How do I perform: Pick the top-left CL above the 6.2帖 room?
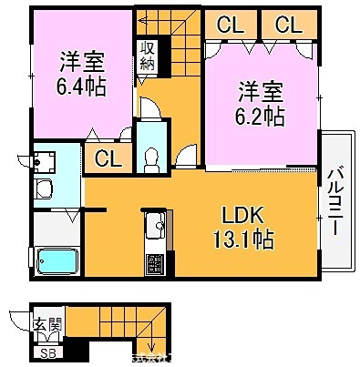230,25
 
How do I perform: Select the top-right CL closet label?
288,25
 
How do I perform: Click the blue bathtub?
57,262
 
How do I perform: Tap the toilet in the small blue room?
151,156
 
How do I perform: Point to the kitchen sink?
153,222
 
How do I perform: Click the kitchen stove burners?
155,265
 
